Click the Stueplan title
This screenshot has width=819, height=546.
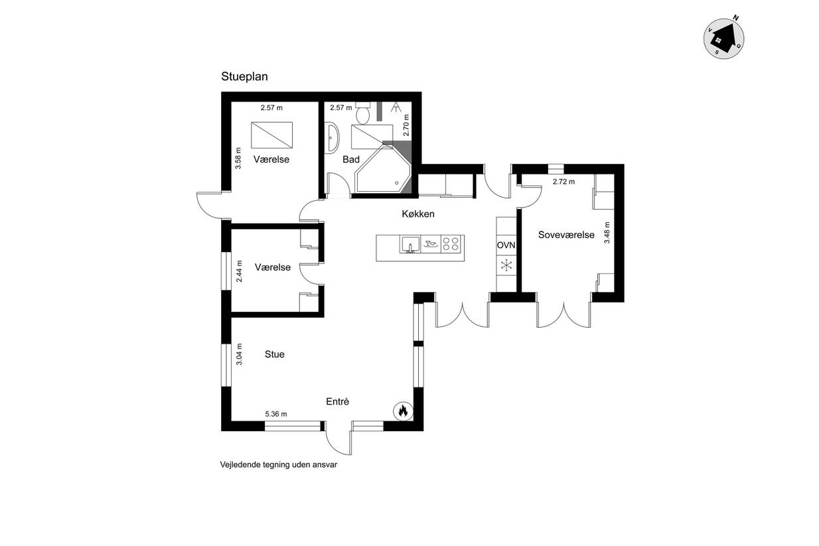click(x=244, y=77)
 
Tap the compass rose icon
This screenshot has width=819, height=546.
click(x=723, y=38)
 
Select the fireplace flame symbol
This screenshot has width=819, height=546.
click(x=403, y=411)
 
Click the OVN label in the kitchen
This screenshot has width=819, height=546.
click(x=506, y=245)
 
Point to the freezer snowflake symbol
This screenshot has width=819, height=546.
click(x=506, y=265)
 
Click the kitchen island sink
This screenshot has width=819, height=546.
click(x=410, y=245)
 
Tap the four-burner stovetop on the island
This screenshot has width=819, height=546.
click(x=452, y=243)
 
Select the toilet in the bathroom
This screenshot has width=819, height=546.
click(x=363, y=113)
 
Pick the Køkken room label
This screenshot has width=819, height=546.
click(x=418, y=214)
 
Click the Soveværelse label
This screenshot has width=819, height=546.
click(x=566, y=235)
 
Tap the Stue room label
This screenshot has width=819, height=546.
click(x=274, y=354)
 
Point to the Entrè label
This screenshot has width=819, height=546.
click(x=337, y=401)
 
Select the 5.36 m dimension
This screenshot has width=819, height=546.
click(x=276, y=414)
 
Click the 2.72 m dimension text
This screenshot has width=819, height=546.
click(x=563, y=182)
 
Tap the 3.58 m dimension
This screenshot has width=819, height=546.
click(x=238, y=158)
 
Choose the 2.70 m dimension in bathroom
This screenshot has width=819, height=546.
click(x=406, y=125)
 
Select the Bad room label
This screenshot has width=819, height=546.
click(x=351, y=160)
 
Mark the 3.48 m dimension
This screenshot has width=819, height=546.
click(x=607, y=233)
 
